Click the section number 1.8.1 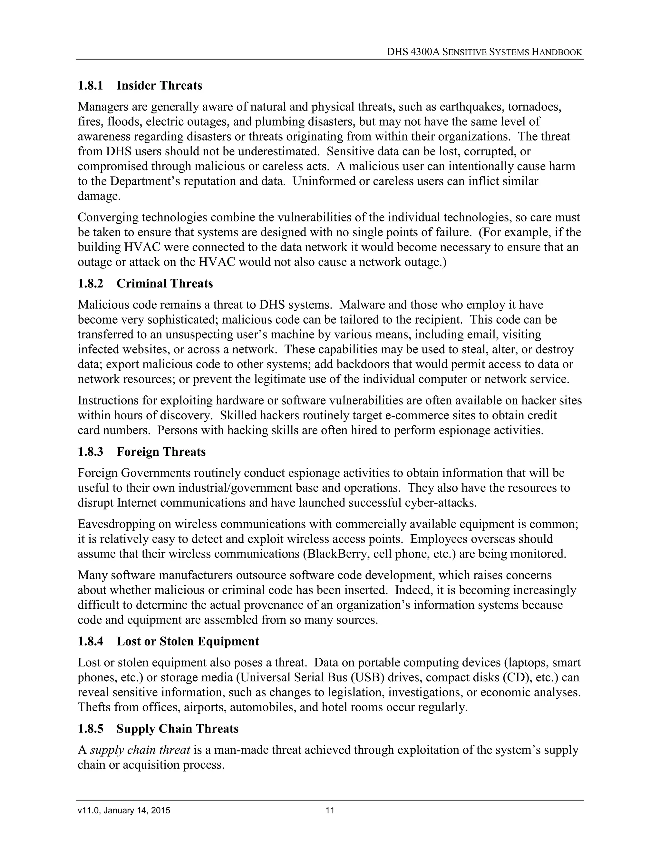[90, 86]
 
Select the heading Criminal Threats [165, 284]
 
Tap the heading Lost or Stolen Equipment [188, 641]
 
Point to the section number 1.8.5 [90, 729]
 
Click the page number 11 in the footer [330, 810]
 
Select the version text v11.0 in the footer [89, 810]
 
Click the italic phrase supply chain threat [140, 750]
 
